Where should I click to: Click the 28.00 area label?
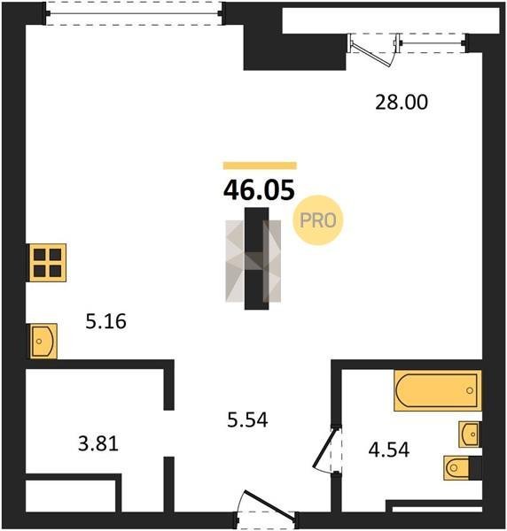[x=402, y=103]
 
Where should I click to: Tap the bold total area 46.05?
[x=259, y=190]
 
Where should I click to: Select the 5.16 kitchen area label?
[x=105, y=321]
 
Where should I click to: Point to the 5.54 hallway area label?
[x=247, y=419]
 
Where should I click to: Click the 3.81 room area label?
[x=98, y=443]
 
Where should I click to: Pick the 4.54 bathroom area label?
[x=389, y=450]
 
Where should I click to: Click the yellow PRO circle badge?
[x=318, y=220]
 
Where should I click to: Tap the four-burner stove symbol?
[x=48, y=263]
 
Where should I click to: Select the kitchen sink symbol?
[x=43, y=341]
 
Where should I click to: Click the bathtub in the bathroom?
[x=438, y=390]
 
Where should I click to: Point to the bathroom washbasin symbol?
[x=470, y=435]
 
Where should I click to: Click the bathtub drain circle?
[x=470, y=390]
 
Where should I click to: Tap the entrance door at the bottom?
[x=267, y=504]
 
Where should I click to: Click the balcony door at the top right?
[x=373, y=50]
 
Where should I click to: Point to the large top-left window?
[x=134, y=13]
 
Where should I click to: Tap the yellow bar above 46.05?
[x=260, y=165]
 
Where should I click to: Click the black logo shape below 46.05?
[x=257, y=258]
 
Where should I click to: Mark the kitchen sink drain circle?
[x=39, y=341]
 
